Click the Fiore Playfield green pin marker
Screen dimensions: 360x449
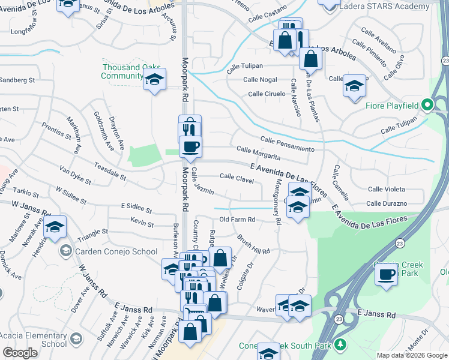point(427,105)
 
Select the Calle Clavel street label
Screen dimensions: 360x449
point(236,176)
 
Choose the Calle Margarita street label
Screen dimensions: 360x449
point(259,153)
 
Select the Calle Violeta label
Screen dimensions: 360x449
point(386,189)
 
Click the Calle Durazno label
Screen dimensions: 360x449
point(387,204)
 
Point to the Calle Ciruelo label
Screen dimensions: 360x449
point(267,94)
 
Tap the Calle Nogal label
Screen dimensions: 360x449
point(260,79)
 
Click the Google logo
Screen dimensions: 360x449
point(20,353)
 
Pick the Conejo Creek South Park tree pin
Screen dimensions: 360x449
point(341,344)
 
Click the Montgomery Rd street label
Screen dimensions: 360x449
point(277,202)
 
